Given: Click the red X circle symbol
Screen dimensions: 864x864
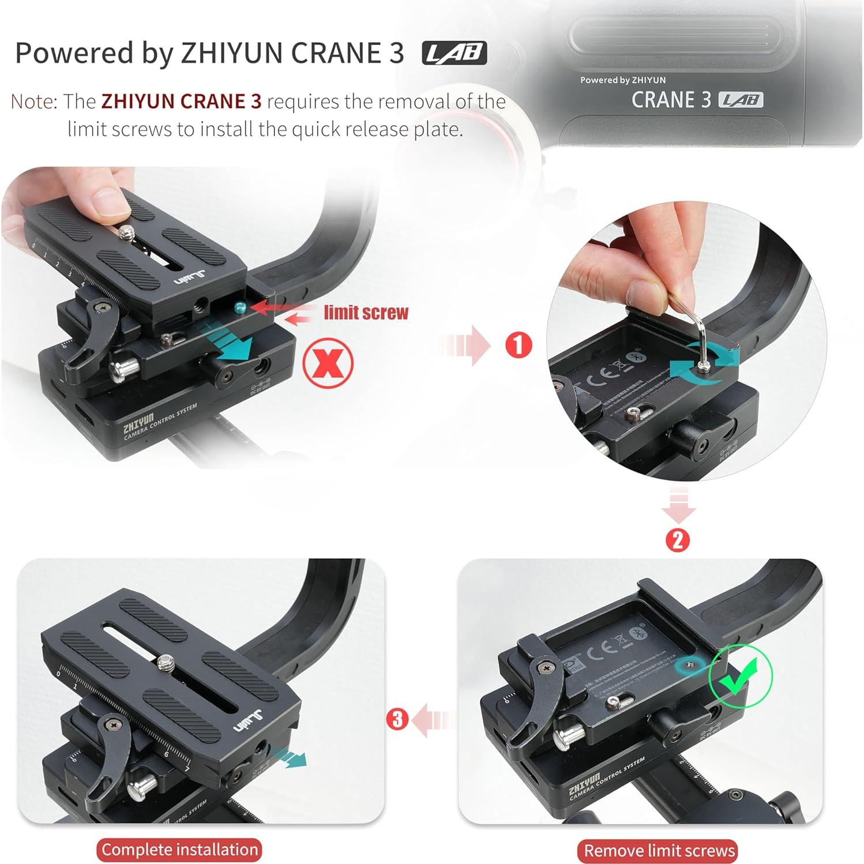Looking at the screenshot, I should [x=328, y=363].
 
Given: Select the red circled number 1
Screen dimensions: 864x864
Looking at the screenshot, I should [x=518, y=345].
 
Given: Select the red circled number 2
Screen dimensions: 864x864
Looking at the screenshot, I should [x=677, y=540].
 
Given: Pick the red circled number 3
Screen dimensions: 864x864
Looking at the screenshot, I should [x=397, y=719].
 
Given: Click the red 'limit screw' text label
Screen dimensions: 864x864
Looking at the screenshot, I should [x=366, y=313].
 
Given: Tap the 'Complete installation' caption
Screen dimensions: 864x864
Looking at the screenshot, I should [x=179, y=850].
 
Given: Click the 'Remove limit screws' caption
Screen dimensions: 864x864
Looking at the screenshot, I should [x=659, y=851].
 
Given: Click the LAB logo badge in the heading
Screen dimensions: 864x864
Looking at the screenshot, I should [x=454, y=53].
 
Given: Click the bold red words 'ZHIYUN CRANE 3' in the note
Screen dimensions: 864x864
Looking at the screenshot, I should [x=181, y=102].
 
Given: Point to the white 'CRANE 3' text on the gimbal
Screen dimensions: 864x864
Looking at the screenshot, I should [x=671, y=100].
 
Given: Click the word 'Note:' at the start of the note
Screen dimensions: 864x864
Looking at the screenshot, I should [x=34, y=102].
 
